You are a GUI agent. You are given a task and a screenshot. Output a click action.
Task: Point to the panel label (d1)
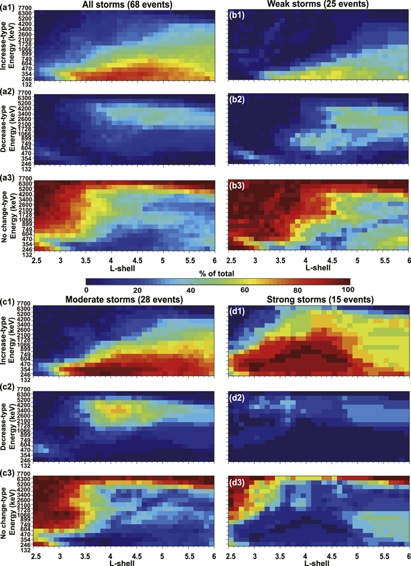click(x=240, y=309)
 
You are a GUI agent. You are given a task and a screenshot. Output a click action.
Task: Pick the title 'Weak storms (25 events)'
click(x=318, y=5)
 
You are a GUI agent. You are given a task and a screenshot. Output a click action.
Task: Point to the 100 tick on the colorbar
click(x=349, y=292)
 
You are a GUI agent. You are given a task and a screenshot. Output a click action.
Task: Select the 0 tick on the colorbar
click(x=86, y=292)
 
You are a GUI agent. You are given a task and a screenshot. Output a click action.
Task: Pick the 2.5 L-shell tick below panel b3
click(x=228, y=261)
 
